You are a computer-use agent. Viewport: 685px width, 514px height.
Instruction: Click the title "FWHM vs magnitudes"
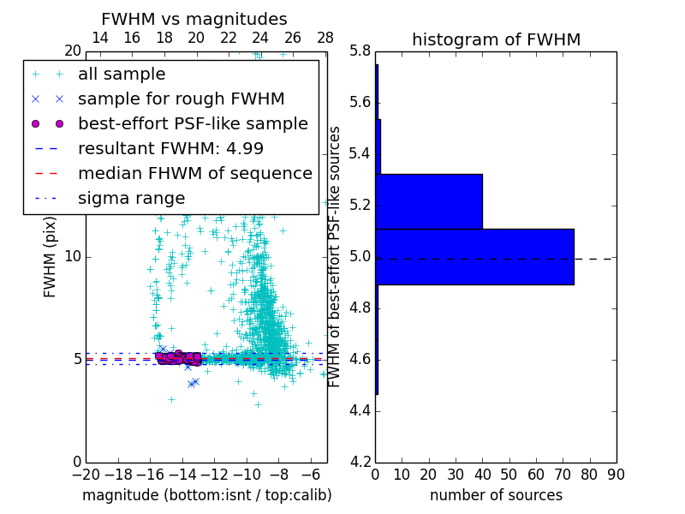(x=194, y=19)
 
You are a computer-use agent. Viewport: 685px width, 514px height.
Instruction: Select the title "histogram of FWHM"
(x=496, y=39)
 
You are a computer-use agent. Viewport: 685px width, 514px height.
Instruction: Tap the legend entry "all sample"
(x=122, y=75)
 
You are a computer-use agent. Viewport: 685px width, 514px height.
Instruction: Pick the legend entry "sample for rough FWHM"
(x=181, y=99)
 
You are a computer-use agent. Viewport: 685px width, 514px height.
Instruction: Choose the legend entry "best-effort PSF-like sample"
(x=193, y=123)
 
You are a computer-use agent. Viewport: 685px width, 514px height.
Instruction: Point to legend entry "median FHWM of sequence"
(x=194, y=173)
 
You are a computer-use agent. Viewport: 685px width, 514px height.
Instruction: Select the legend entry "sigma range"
(x=131, y=198)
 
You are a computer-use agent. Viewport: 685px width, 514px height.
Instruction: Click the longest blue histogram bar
(x=474, y=256)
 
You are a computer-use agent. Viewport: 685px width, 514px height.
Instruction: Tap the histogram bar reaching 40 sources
(x=429, y=201)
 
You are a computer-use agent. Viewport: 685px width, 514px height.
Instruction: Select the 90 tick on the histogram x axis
(x=615, y=475)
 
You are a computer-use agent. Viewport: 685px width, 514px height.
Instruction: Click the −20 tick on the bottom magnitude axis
(x=86, y=475)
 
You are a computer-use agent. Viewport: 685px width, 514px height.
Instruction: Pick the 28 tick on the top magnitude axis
(x=325, y=38)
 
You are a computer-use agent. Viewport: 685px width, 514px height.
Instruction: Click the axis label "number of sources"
(x=496, y=495)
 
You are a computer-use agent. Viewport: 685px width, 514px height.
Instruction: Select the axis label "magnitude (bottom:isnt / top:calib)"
(x=206, y=495)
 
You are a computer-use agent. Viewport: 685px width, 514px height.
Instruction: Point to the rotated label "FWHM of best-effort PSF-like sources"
(x=335, y=256)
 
